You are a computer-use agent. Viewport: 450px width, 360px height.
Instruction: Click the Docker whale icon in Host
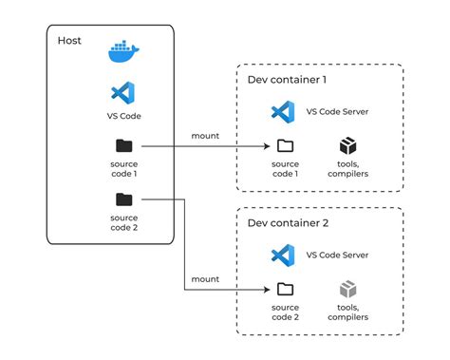tap(123, 51)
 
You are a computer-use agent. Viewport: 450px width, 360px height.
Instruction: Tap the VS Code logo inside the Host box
tap(123, 93)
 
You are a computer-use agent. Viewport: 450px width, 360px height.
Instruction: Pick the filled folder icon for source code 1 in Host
tap(123, 145)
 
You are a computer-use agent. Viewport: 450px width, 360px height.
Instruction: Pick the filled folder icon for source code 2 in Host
tap(123, 199)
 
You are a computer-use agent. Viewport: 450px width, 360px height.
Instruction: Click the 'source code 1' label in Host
tap(123, 169)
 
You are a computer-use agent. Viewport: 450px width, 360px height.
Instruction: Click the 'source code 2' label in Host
tap(123, 223)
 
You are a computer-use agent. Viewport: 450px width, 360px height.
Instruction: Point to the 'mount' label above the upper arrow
tap(205, 136)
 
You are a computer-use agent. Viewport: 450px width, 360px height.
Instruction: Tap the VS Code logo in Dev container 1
tap(282, 111)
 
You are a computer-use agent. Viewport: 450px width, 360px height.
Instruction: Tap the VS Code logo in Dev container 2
tap(282, 255)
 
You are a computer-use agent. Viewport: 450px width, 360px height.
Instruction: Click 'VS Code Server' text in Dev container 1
tap(338, 111)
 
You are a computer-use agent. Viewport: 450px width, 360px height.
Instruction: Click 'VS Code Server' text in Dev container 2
tap(338, 255)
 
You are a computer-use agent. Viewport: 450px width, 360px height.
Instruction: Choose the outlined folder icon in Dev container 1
tap(284, 145)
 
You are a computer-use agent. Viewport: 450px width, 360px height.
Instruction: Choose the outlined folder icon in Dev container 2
tap(284, 289)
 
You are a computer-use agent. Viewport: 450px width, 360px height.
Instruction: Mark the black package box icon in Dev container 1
tap(348, 145)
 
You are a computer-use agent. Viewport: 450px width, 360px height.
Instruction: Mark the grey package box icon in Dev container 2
tap(348, 289)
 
